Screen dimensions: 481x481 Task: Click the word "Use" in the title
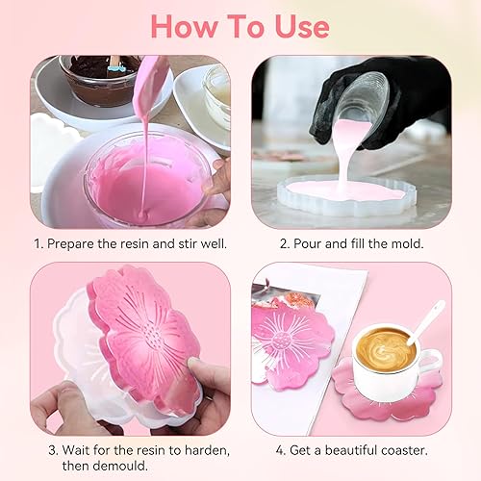(x=302, y=27)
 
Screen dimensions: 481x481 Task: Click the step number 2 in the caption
(x=285, y=244)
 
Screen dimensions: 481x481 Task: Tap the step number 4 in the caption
(x=281, y=450)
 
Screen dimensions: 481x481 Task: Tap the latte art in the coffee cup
(x=386, y=350)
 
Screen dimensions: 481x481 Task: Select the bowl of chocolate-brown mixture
(x=99, y=80)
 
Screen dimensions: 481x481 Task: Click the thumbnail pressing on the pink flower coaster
(x=192, y=364)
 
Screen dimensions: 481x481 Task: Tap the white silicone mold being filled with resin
(x=347, y=195)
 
